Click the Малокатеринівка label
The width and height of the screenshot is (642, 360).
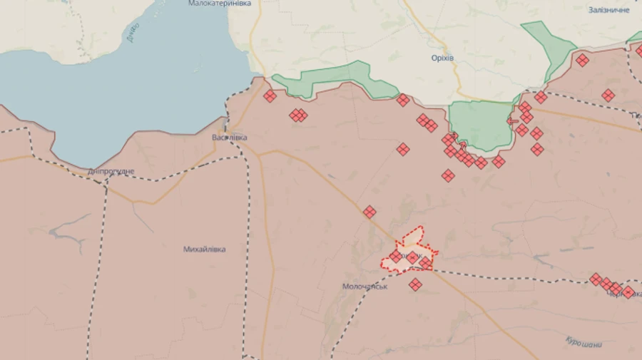(x=220, y=4)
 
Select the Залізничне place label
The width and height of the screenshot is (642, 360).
(x=608, y=10)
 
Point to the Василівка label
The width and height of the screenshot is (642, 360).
(x=230, y=137)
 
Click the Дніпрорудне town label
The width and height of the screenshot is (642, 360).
(x=111, y=171)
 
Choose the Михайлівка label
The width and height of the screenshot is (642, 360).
(x=204, y=250)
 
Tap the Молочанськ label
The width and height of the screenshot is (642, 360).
(x=365, y=287)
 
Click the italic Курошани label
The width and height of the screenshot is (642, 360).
(x=584, y=343)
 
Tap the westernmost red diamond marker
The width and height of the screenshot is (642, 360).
(x=270, y=96)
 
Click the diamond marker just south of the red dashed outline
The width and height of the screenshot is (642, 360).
(x=415, y=284)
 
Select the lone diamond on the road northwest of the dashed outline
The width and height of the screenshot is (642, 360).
(x=370, y=212)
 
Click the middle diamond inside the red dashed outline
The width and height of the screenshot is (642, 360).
(x=412, y=257)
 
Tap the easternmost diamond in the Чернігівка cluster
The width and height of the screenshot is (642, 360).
(x=628, y=292)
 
